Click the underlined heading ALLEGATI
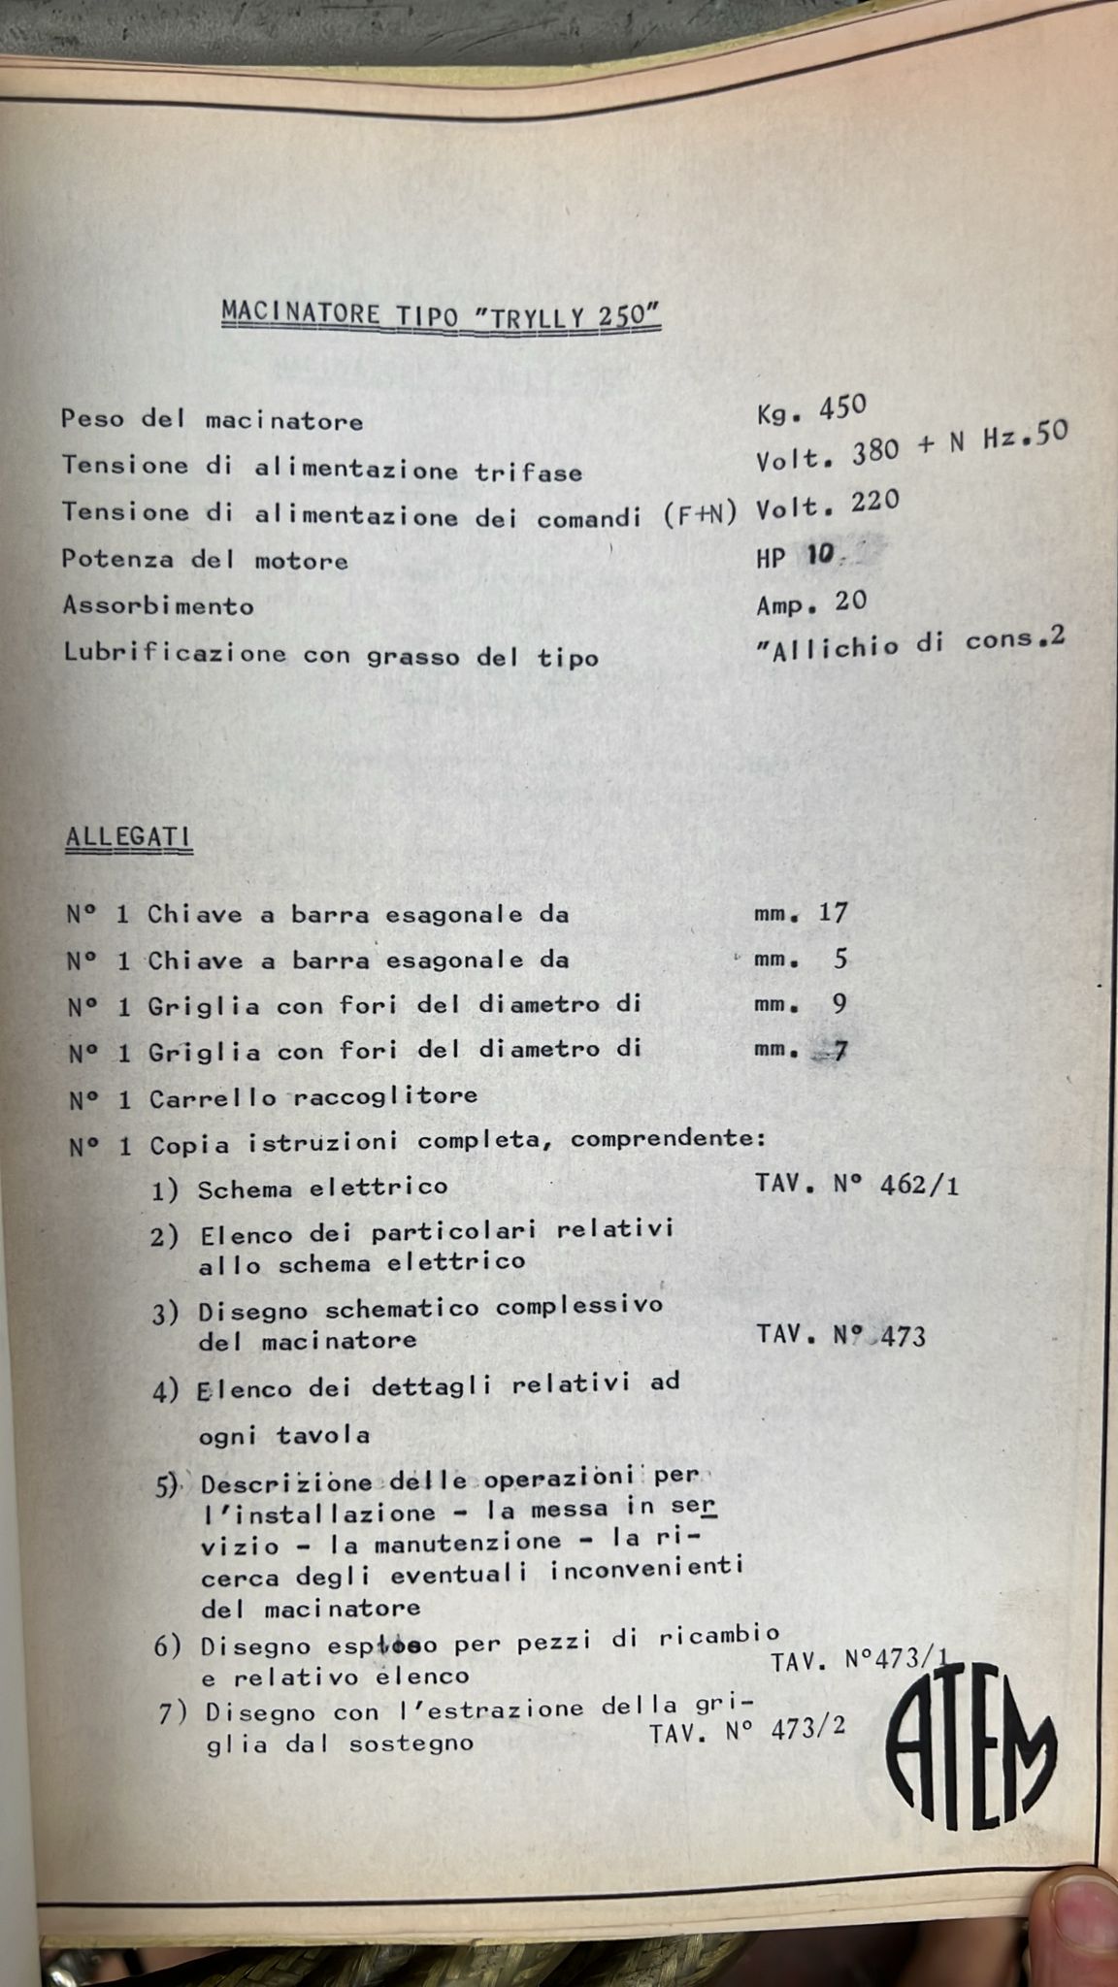128,838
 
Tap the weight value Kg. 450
810,411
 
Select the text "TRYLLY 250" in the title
565,316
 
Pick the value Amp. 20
811,603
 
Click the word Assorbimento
158,606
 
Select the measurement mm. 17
801,913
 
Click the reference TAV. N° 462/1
857,1186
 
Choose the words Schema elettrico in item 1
322,1188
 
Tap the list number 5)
167,1485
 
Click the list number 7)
172,1714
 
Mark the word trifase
528,472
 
